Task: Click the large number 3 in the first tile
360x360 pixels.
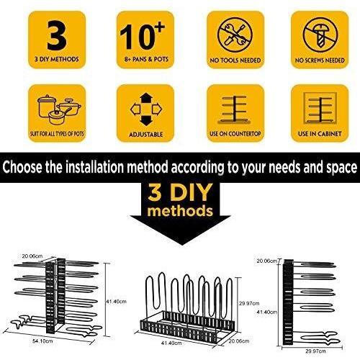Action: tap(57, 35)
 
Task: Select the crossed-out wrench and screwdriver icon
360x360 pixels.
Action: tap(235, 35)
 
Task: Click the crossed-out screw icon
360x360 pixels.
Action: tap(320, 35)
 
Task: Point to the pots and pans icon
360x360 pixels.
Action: tap(59, 109)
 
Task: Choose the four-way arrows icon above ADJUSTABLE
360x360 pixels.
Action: tap(146, 109)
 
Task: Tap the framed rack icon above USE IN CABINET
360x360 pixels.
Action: tap(320, 109)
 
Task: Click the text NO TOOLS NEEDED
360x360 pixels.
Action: tap(235, 60)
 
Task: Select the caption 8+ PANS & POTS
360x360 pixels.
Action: tap(146, 59)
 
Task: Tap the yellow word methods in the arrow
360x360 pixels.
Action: tap(180, 211)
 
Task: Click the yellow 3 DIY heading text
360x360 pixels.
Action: tap(180, 193)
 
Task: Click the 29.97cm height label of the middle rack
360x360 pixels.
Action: tap(249, 303)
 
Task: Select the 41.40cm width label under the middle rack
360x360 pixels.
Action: tap(171, 343)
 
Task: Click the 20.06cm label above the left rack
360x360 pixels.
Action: tap(32, 256)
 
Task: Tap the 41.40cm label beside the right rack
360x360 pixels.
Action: tap(267, 312)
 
